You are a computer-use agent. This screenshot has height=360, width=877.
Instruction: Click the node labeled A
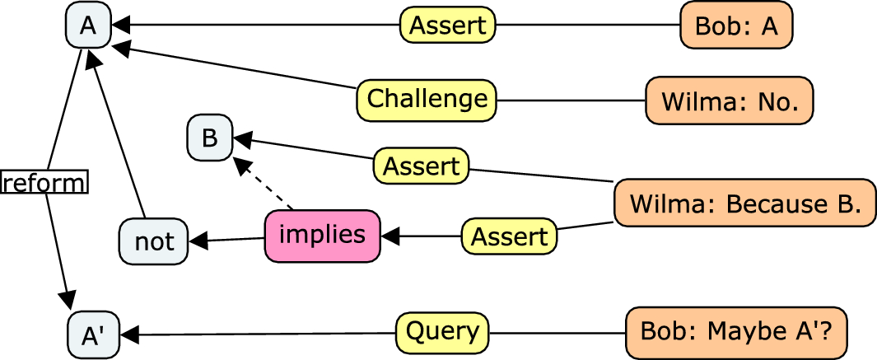88,26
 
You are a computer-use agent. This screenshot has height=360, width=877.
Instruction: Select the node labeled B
210,138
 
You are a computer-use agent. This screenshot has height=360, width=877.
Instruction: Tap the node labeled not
154,241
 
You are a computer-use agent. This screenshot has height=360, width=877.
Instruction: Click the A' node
92,334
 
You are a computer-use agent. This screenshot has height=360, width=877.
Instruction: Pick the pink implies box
322,236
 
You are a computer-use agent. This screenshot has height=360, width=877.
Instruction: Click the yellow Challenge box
427,100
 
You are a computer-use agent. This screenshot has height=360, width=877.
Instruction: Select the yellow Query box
442,332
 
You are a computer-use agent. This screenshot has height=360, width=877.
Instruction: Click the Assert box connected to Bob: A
448,26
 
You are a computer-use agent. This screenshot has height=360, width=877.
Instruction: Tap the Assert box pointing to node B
421,166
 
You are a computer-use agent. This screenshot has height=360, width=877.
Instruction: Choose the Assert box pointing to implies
509,236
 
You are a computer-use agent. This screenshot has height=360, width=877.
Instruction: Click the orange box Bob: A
736,26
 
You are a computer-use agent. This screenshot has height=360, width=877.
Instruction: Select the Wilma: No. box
729,101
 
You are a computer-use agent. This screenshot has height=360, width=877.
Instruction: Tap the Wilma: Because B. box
744,203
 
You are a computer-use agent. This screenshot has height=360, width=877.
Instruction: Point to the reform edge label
44,182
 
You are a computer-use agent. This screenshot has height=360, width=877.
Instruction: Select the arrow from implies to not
227,240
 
